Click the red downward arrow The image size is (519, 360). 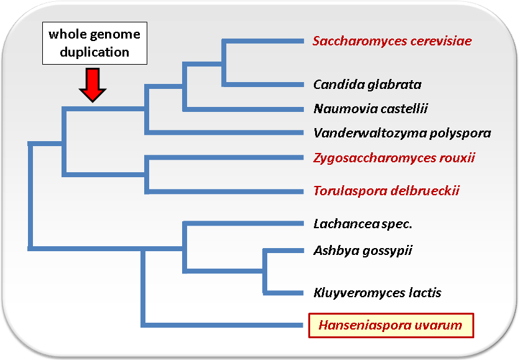click(93, 85)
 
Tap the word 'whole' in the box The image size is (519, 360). click(65, 34)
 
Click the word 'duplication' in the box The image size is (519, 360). click(94, 52)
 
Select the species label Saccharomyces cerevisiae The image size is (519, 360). click(392, 41)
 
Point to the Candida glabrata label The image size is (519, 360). click(367, 85)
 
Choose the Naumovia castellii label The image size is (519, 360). click(370, 109)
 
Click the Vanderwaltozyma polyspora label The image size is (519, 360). click(402, 133)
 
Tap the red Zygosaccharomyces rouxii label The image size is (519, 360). click(394, 158)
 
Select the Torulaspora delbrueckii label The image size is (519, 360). click(386, 191)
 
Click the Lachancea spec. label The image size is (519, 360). click(363, 224)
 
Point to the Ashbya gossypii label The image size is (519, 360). click(363, 251)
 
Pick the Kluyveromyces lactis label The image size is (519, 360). click(377, 293)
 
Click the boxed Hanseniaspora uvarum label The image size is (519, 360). click(391, 325)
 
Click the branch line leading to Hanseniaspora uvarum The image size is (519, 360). click(223, 325)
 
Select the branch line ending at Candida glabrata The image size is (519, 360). click(263, 85)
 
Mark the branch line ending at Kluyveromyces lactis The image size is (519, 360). click(283, 293)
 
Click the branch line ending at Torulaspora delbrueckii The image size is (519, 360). click(224, 192)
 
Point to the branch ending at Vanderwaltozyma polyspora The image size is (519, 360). click(224, 132)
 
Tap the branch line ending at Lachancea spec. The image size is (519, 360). click(243, 224)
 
